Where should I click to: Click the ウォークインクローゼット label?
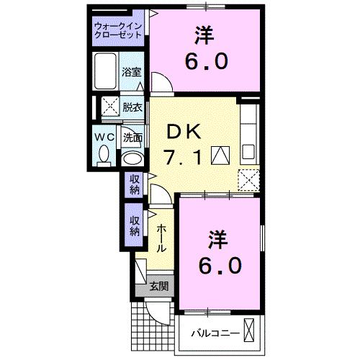point(118,30)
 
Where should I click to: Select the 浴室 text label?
point(132,72)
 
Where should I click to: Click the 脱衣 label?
point(132,107)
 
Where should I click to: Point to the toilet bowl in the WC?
point(104,154)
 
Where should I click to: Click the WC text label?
point(104,137)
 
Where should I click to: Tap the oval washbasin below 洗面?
point(132,158)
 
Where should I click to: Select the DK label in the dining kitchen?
point(184,132)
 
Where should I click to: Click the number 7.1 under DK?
point(182,156)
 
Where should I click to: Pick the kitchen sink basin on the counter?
point(248,152)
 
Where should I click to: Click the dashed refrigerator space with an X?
point(248,180)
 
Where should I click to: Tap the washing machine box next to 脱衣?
point(110,107)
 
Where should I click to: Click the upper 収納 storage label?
point(135,184)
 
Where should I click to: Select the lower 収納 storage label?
point(135,226)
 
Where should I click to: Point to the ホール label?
point(161,238)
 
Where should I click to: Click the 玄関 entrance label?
point(159,287)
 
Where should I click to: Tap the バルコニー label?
point(215,333)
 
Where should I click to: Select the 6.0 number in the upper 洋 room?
point(207,61)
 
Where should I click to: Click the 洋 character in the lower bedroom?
point(218,240)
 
